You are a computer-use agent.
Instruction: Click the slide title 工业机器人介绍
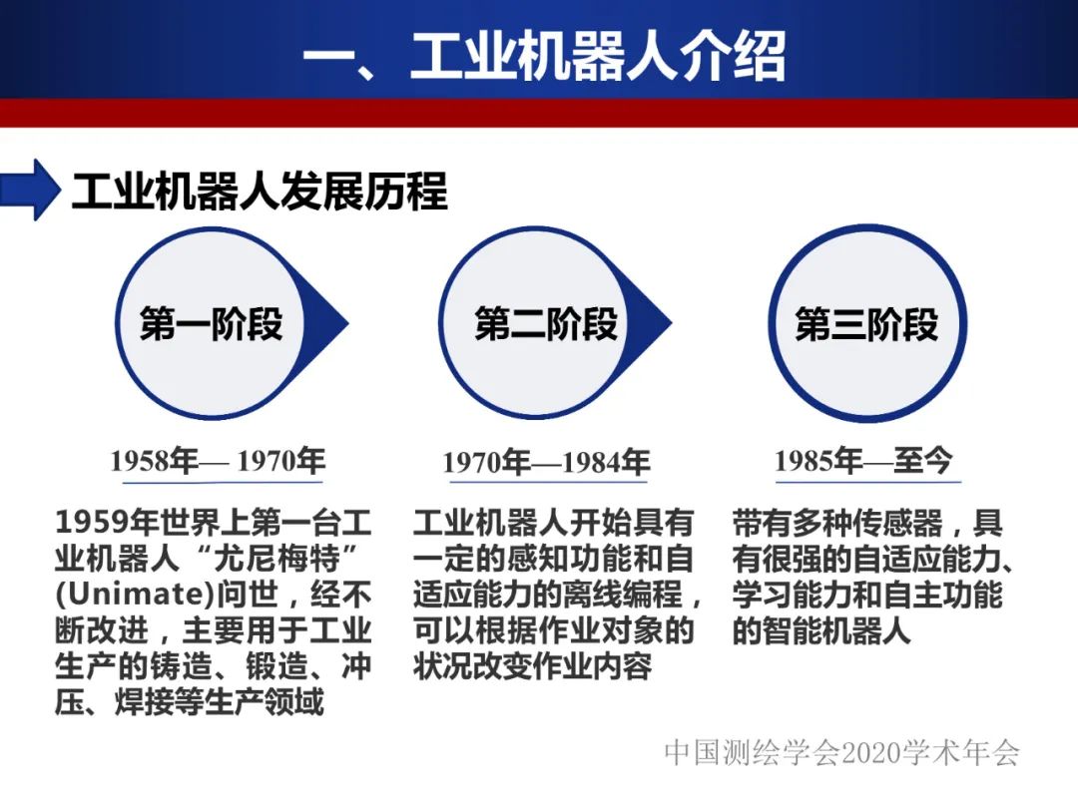pos(544,56)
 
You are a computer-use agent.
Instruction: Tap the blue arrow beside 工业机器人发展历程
pos(32,190)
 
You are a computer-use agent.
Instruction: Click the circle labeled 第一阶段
pos(211,324)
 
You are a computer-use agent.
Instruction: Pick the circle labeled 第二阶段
pos(545,324)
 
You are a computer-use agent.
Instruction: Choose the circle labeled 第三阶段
pos(865,324)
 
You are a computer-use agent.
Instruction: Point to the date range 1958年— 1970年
pos(217,461)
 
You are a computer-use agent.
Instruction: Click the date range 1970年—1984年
pos(546,463)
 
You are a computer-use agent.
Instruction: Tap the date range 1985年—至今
pos(863,461)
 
